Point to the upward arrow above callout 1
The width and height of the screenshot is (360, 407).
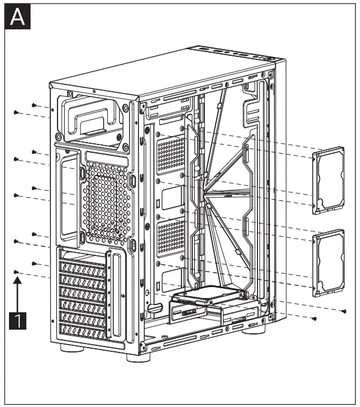[19, 294]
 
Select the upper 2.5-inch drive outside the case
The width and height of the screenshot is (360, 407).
[330, 180]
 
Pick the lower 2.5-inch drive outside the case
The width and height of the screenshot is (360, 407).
[330, 263]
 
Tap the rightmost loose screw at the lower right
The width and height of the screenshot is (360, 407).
[344, 311]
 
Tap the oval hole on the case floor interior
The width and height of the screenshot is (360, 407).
[155, 307]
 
